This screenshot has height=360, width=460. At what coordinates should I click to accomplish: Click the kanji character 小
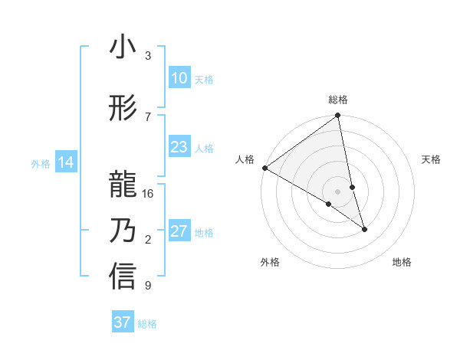(123, 47)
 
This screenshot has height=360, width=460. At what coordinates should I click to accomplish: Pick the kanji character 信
(123, 277)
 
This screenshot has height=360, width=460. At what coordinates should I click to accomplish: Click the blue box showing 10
(179, 78)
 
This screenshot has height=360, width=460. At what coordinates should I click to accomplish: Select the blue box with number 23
(179, 147)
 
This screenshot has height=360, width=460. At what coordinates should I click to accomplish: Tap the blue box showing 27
(179, 231)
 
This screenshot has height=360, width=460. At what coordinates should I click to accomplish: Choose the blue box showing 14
(66, 162)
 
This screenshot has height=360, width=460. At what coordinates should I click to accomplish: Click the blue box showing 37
(123, 322)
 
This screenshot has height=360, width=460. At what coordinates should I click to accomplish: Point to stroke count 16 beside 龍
(149, 194)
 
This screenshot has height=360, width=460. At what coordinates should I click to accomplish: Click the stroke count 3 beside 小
(148, 56)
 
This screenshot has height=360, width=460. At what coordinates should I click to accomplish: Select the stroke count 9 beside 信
(148, 286)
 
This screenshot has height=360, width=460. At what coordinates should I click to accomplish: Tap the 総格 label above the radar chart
(338, 100)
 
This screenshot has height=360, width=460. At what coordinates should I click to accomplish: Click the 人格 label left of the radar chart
(245, 159)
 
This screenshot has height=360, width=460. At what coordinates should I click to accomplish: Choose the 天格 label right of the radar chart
(431, 159)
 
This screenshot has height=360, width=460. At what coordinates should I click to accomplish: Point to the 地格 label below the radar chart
(402, 262)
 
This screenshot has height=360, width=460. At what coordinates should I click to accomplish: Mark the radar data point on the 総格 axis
(338, 116)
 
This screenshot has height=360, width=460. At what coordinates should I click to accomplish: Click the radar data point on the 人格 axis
(264, 167)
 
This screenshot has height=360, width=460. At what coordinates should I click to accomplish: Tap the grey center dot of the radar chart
(337, 191)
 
